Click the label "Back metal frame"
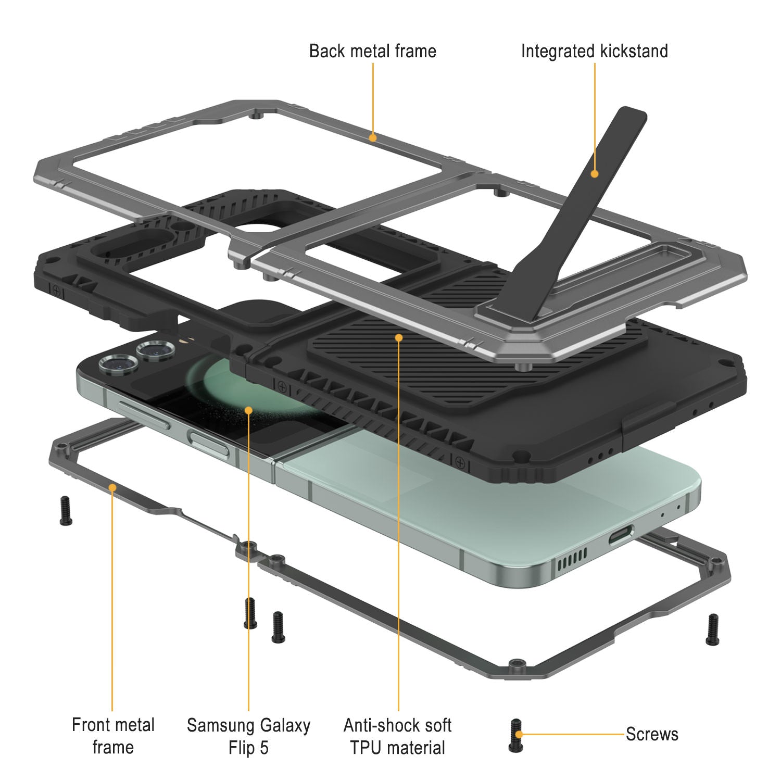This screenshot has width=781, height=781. click(373, 51)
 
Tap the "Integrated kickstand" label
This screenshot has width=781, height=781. click(595, 51)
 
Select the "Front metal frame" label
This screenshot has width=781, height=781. click(113, 736)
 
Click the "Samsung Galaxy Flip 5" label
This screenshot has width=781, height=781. click(248, 736)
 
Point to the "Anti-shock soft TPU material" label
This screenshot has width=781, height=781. click(398, 736)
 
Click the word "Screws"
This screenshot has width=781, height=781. click(652, 734)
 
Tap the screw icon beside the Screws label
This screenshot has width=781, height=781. click(515, 735)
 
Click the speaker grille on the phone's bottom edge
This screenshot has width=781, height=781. click(571, 560)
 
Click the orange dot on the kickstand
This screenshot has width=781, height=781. click(594, 174)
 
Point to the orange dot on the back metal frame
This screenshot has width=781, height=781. click(372, 137)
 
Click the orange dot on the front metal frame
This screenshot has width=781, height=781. click(112, 487)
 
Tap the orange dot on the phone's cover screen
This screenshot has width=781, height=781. click(248, 410)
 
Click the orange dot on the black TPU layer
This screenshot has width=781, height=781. click(398, 337)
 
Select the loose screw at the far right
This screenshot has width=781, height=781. click(712, 629)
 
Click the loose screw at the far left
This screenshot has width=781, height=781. click(66, 511)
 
